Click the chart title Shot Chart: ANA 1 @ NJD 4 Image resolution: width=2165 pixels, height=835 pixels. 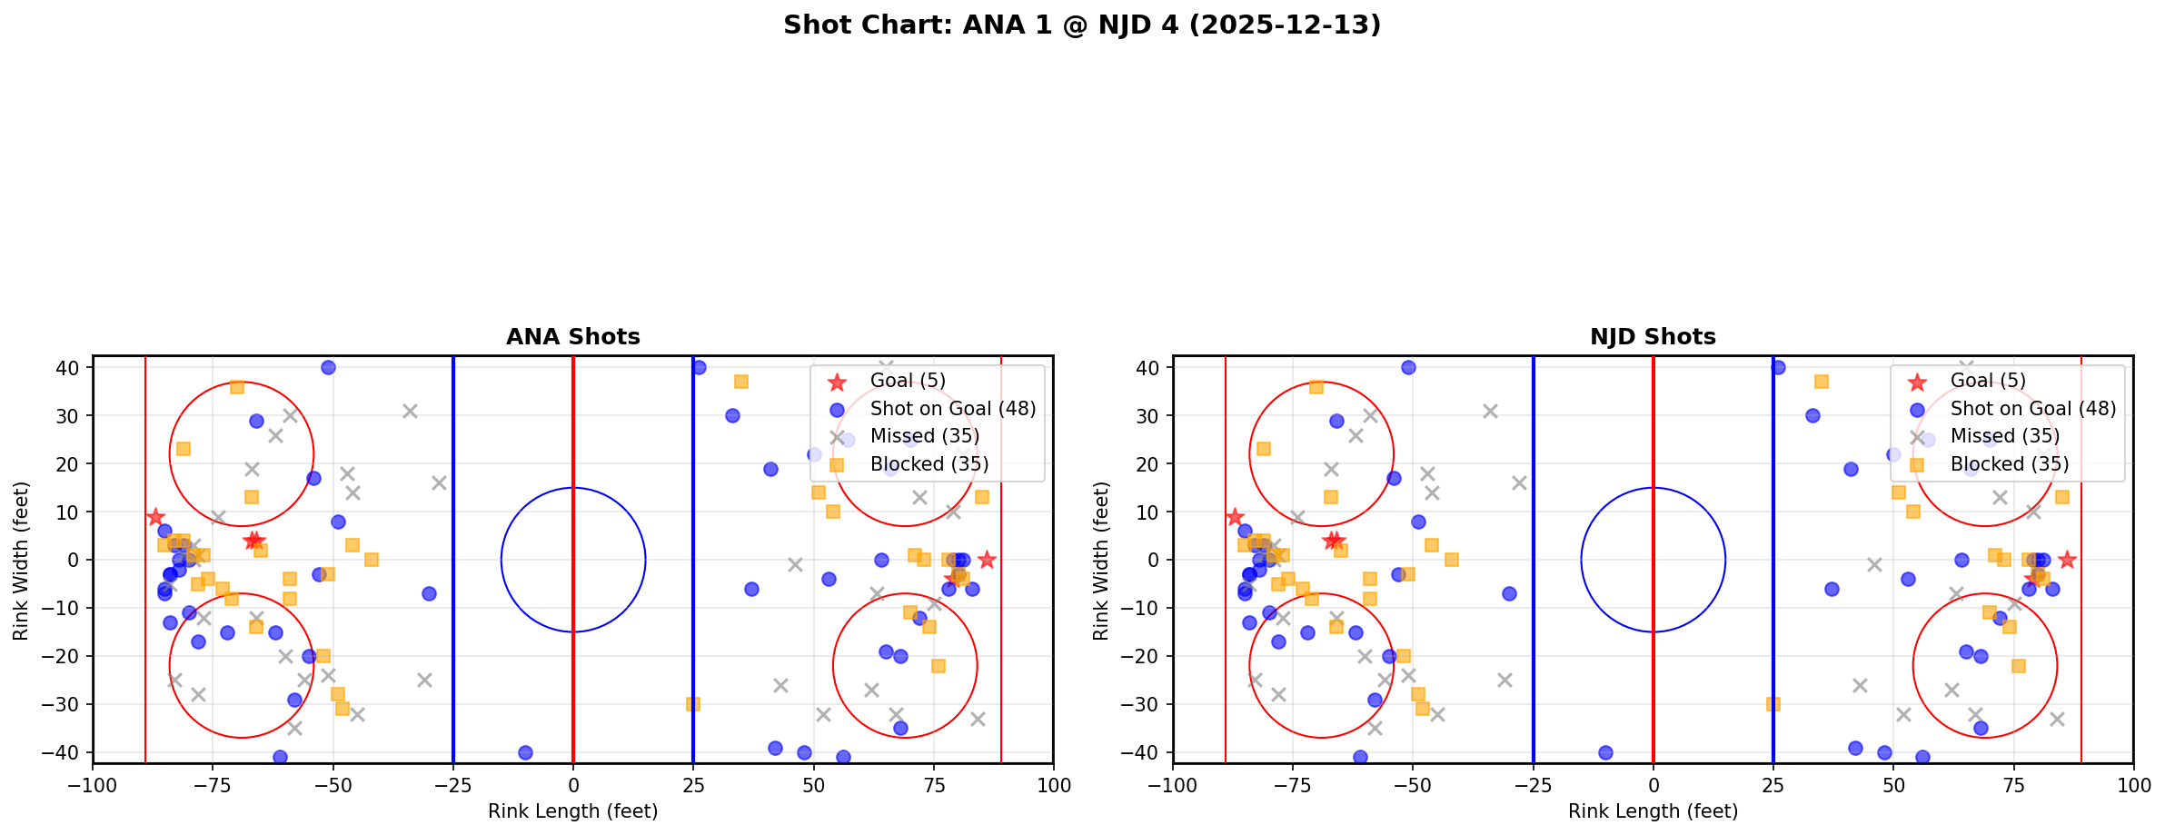(x=1081, y=25)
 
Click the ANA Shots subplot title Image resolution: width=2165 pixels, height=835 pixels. (x=572, y=337)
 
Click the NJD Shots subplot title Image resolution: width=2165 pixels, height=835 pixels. (x=1653, y=337)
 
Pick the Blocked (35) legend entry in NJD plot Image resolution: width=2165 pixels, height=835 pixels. (x=2009, y=464)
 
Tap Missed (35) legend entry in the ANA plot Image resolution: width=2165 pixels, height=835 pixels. (x=924, y=436)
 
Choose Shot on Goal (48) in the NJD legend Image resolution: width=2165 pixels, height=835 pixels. (x=2032, y=409)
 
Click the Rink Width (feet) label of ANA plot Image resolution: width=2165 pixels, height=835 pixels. (x=21, y=560)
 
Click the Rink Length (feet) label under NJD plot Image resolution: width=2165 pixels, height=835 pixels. (x=1653, y=811)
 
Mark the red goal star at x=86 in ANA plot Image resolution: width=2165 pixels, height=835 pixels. (x=987, y=560)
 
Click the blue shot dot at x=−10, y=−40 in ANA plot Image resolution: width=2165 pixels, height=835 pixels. (x=525, y=752)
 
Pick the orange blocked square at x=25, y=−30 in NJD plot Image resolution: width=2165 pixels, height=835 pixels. (x=1773, y=704)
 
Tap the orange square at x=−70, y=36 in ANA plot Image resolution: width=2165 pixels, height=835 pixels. (x=237, y=387)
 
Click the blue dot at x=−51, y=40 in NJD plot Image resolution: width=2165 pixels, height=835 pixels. (x=1408, y=368)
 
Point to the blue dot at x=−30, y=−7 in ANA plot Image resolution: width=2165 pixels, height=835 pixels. (x=429, y=593)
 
